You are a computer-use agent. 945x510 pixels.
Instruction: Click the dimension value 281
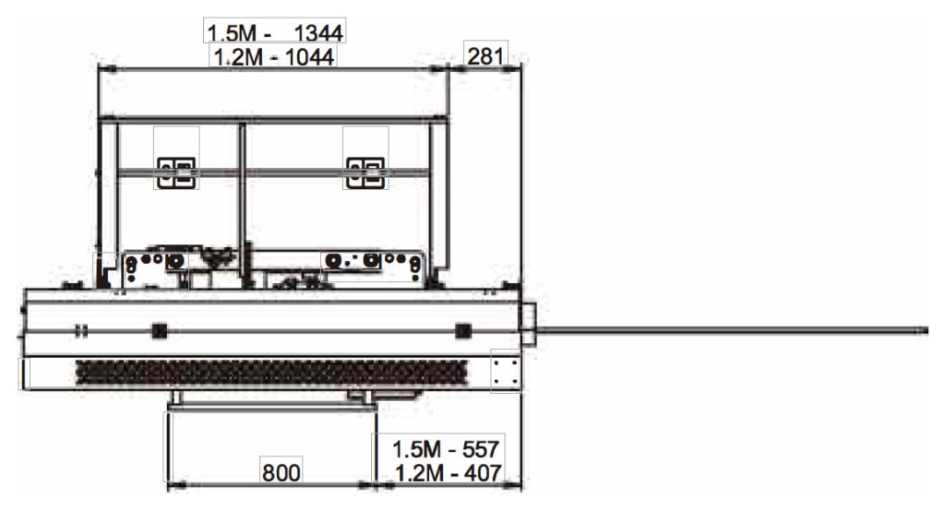[x=485, y=56]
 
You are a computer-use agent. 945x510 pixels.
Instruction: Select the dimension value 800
[x=281, y=473]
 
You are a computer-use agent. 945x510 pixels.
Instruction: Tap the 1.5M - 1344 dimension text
[x=275, y=32]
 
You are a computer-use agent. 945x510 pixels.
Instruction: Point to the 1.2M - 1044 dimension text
[x=274, y=57]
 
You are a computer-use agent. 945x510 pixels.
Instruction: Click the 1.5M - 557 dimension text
[x=446, y=449]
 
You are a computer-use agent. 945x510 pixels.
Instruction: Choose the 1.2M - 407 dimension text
[x=449, y=473]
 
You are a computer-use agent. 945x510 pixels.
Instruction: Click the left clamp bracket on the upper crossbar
[x=176, y=172]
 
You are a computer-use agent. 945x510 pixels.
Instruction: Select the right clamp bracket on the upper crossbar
[x=365, y=172]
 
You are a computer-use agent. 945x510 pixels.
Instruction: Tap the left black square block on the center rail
[x=159, y=330]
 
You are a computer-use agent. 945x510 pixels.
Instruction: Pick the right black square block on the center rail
[x=463, y=330]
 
